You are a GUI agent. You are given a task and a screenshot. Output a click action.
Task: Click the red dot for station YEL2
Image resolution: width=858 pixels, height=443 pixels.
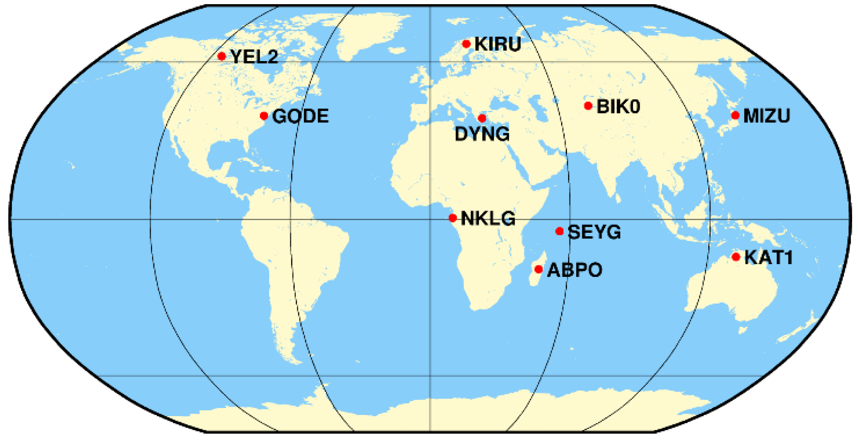tap(222, 56)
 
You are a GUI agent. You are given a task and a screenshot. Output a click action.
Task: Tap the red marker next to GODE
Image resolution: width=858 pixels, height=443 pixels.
tap(264, 116)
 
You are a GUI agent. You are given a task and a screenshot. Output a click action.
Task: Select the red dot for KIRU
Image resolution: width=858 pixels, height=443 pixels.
tap(466, 44)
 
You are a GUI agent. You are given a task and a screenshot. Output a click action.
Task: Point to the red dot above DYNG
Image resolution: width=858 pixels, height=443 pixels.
tap(482, 118)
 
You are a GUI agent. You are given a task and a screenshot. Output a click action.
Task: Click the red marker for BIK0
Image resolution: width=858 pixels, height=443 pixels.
tap(588, 105)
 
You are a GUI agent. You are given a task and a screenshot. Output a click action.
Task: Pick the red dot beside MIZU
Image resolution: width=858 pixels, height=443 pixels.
tap(735, 115)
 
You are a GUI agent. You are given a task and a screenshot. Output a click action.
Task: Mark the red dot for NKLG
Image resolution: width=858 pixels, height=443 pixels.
tap(452, 218)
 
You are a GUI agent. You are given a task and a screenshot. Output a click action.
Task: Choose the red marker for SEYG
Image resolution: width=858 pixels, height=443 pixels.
tap(559, 231)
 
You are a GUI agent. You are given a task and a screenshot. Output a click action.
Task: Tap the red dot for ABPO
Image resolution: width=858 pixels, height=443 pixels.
tap(539, 269)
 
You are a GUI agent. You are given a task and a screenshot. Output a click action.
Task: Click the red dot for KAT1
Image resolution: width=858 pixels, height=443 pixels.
tap(736, 257)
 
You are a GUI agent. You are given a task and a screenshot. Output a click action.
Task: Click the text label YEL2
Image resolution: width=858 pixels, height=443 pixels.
tap(255, 57)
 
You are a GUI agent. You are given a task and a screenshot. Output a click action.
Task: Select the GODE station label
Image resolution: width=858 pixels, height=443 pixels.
tap(300, 116)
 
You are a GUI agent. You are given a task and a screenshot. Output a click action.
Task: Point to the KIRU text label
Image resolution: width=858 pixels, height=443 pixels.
tap(498, 44)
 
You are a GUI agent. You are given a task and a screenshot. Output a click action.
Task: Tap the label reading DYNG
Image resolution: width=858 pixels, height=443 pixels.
tap(482, 134)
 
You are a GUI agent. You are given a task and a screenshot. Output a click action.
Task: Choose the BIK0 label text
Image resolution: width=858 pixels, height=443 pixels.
tap(618, 107)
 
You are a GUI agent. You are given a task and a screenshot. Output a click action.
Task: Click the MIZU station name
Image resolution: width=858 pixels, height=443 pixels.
tap(766, 116)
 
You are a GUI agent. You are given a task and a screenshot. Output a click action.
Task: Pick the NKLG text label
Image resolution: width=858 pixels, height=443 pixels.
tap(488, 219)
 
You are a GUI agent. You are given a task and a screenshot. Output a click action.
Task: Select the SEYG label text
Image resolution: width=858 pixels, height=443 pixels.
tap(594, 232)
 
